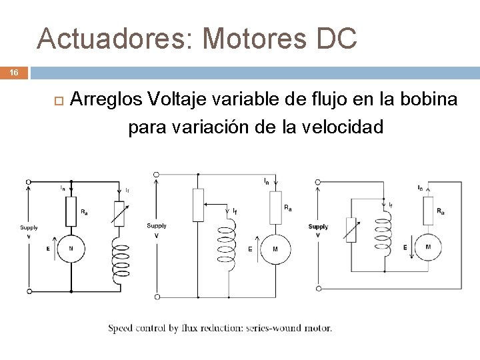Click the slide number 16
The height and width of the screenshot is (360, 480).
14,73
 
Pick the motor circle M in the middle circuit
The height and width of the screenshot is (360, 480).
275,249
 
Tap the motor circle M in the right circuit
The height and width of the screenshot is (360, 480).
427,247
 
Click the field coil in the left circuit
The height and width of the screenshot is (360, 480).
121,261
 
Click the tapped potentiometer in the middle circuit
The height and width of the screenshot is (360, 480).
198,205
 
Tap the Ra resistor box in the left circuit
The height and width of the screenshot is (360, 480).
71,211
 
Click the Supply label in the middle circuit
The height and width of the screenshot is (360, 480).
157,226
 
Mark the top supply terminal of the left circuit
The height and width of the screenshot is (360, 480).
28,181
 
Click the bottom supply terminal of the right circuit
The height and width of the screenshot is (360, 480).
319,288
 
